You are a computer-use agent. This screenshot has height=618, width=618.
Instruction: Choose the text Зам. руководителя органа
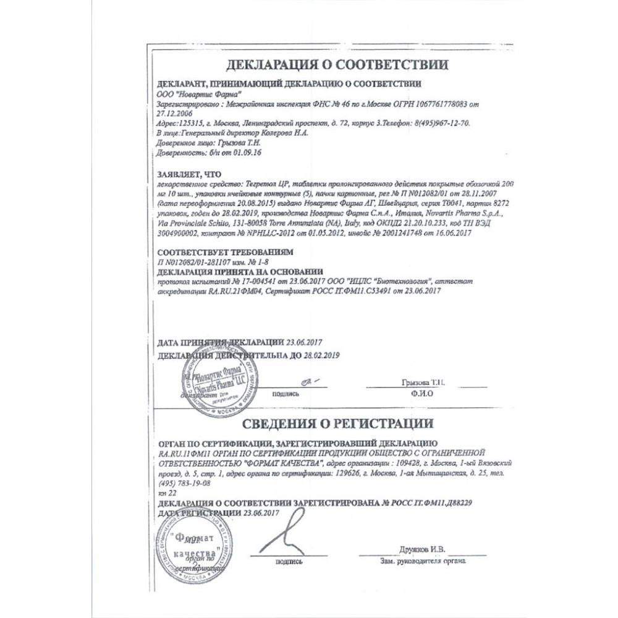(423, 562)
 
